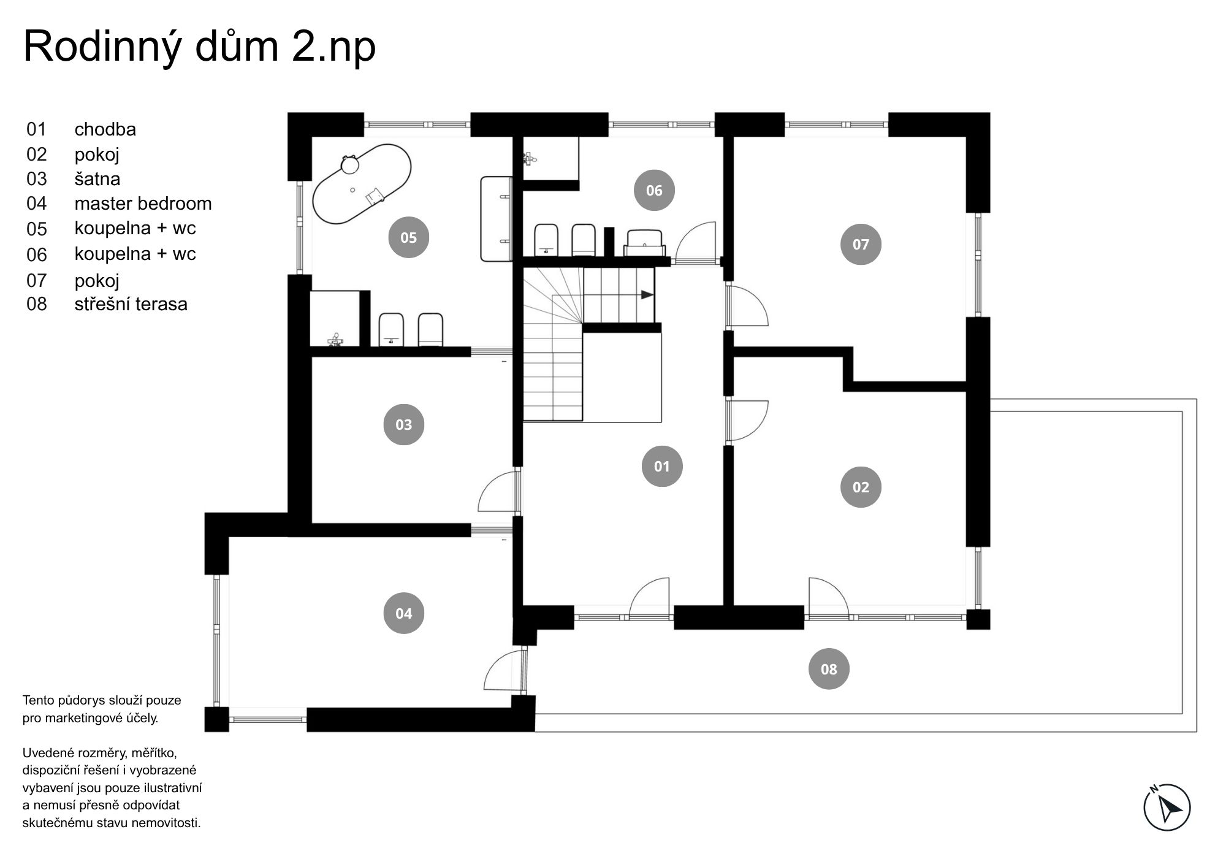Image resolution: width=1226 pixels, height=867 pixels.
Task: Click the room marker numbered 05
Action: [x=409, y=237]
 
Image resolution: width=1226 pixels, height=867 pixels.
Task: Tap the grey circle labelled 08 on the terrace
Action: [x=829, y=669]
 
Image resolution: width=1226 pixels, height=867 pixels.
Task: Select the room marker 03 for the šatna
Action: [x=404, y=424]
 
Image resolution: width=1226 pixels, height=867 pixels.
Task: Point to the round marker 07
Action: [x=861, y=244]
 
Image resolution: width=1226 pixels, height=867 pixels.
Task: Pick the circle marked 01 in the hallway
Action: [x=662, y=466]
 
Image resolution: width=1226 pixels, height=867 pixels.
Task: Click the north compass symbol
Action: [x=1167, y=807]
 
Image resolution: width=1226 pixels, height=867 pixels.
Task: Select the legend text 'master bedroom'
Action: [x=143, y=204]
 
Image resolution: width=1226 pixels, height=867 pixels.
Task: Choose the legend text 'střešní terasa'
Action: [x=131, y=304]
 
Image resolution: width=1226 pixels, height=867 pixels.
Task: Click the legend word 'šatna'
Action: [x=97, y=178]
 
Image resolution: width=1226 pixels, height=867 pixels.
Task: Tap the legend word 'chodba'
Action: [x=105, y=129]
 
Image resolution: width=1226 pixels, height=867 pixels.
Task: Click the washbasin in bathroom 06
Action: [x=644, y=243]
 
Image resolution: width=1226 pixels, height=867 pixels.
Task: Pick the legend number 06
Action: [x=36, y=254]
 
